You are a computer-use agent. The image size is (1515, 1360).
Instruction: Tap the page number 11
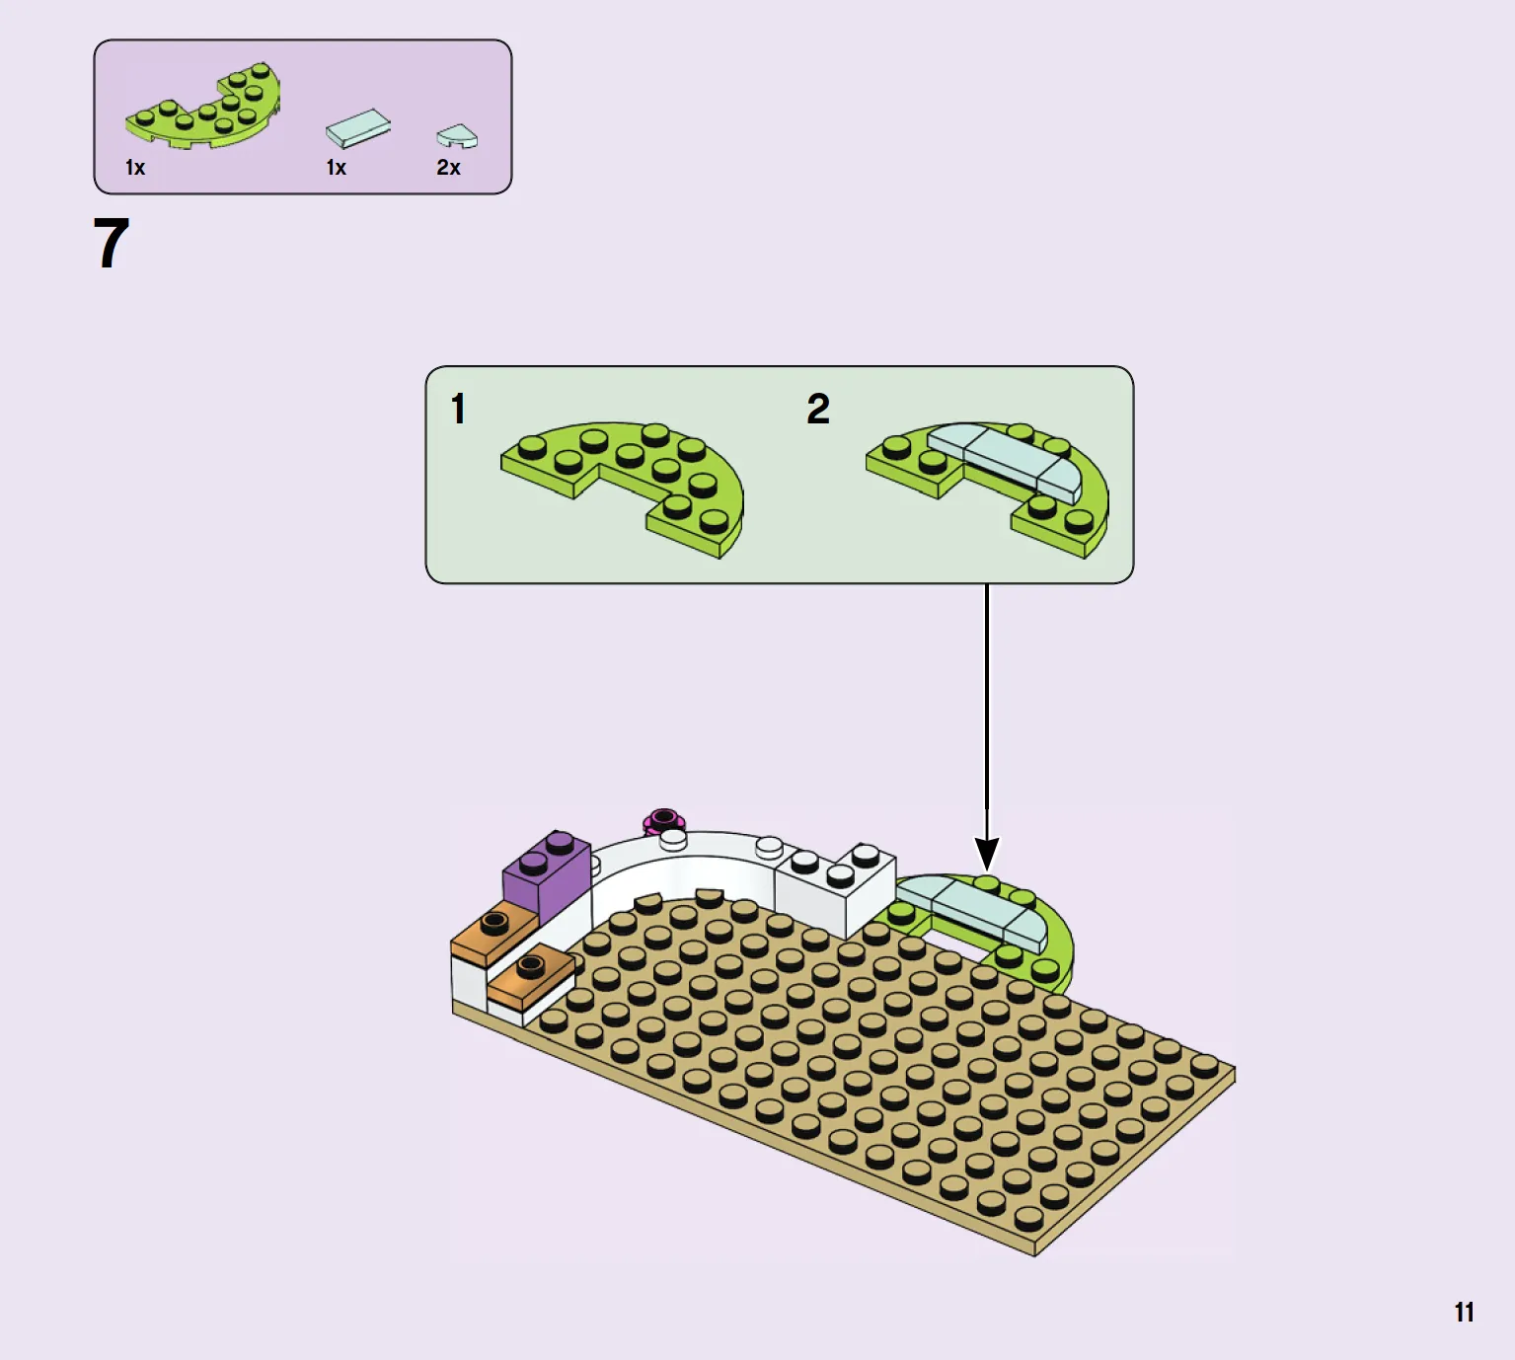[1464, 1313]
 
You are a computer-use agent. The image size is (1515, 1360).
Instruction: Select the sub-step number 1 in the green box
[458, 409]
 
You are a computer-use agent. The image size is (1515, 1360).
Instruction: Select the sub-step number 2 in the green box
[818, 409]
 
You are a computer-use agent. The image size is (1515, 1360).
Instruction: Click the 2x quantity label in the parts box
[448, 168]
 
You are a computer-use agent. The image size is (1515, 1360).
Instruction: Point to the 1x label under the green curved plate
[134, 168]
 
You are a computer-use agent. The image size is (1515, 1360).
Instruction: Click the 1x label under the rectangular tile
[336, 168]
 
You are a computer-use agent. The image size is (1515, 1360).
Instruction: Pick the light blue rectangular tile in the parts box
[358, 128]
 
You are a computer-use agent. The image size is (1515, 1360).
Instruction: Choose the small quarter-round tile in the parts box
[457, 136]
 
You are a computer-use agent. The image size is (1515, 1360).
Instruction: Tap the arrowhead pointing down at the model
[986, 853]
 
